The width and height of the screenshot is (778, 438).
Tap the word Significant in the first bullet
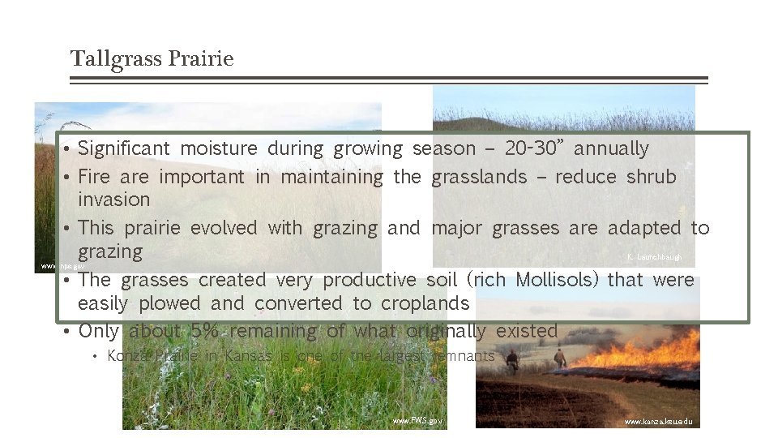point(124,148)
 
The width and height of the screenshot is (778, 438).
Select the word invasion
point(113,200)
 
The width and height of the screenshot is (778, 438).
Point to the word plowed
point(168,303)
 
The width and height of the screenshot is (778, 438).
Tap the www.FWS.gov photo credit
point(417,421)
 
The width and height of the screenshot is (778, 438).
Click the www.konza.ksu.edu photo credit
point(658,422)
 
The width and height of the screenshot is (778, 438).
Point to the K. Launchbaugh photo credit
point(654,257)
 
